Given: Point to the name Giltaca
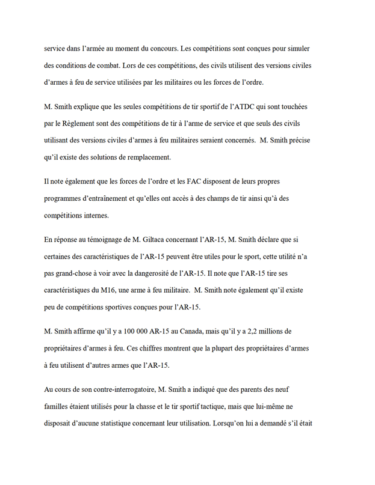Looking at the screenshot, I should pos(166,240).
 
